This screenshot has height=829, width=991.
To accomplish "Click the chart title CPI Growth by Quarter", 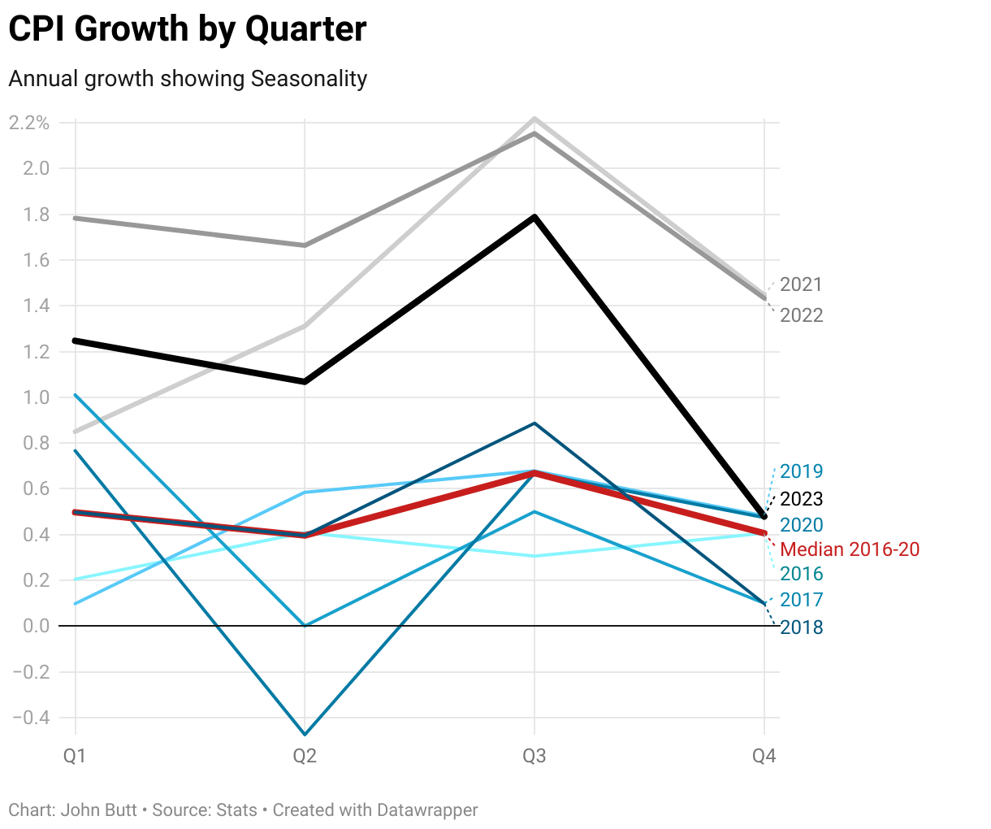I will point(188,29).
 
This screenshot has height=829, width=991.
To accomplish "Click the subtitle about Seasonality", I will point(188,79).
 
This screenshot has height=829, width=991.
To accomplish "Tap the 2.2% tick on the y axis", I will point(29,123).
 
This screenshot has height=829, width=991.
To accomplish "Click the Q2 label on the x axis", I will point(305,757).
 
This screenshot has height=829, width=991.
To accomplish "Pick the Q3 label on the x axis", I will point(534,757).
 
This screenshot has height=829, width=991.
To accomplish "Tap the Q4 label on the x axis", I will point(764,757).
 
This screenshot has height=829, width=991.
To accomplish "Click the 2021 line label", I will point(801,284).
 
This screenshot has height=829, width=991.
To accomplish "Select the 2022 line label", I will point(801,315).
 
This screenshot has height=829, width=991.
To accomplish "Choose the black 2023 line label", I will point(801,499).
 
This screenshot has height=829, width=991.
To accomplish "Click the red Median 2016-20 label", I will point(850,549).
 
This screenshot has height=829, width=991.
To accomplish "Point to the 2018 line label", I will point(801,627).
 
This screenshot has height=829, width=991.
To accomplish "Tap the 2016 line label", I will point(801,574).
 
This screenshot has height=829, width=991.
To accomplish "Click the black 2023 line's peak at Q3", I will point(534,217).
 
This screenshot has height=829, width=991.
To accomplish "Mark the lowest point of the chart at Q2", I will point(305,735).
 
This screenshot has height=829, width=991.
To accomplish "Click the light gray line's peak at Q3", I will point(534,119).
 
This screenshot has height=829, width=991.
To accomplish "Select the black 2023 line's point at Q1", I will point(76,341).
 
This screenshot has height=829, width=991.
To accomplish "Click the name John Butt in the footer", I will point(99,810).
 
